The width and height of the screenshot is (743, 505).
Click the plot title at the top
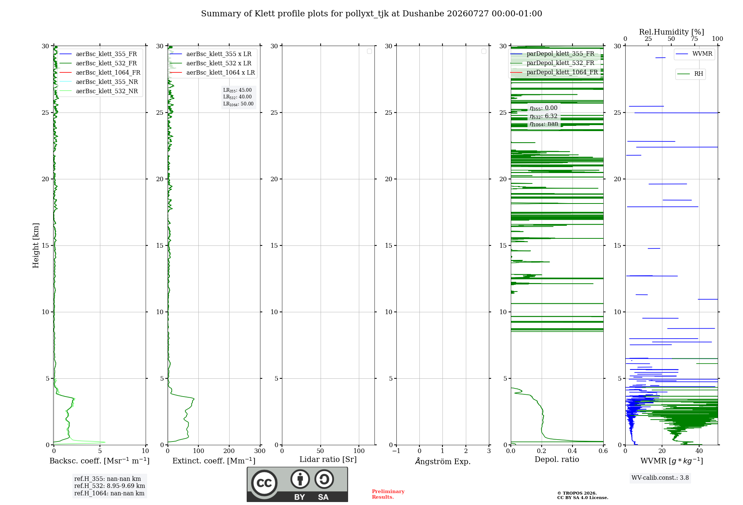[x=371, y=14]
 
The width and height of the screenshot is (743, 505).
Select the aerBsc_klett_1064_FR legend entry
[x=100, y=72]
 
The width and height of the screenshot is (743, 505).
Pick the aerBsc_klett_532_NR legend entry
[x=99, y=91]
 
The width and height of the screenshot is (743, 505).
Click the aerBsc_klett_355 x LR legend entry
[x=211, y=54]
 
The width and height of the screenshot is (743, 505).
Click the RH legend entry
[x=690, y=74]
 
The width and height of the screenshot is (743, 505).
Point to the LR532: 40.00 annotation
[x=237, y=97]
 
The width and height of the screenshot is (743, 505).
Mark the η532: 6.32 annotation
[x=544, y=116]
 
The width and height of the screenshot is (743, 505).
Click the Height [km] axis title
[x=36, y=245]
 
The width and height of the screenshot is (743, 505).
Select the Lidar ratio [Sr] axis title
[x=328, y=460]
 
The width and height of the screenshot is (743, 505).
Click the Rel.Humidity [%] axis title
[x=671, y=32]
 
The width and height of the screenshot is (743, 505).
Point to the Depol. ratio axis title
[x=557, y=459]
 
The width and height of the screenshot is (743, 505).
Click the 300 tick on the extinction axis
[x=260, y=451]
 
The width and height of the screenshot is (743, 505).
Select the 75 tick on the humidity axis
[x=694, y=39]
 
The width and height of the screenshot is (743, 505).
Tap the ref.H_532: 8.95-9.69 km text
[x=110, y=486]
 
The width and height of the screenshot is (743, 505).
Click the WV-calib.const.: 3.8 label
[x=660, y=478]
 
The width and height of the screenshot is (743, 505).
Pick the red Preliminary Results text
[x=388, y=494]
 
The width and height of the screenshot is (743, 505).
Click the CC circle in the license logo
[x=264, y=483]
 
